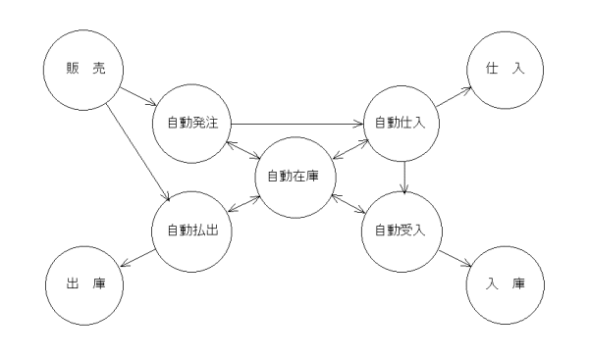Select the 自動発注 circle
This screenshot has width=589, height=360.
tap(191, 123)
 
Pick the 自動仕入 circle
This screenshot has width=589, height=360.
tap(402, 123)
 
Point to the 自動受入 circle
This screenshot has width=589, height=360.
tap(402, 232)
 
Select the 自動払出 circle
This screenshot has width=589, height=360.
tap(191, 232)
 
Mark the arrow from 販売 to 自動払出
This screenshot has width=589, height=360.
tap(137, 146)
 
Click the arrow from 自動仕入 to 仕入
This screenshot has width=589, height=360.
tap(455, 96)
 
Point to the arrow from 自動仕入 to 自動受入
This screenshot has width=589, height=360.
tap(403, 178)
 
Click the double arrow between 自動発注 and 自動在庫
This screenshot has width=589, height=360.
tap(242, 150)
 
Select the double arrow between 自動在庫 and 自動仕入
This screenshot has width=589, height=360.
tap(348, 150)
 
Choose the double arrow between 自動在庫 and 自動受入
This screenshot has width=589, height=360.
tap(348, 205)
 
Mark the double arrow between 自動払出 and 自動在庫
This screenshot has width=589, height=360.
tap(242, 205)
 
